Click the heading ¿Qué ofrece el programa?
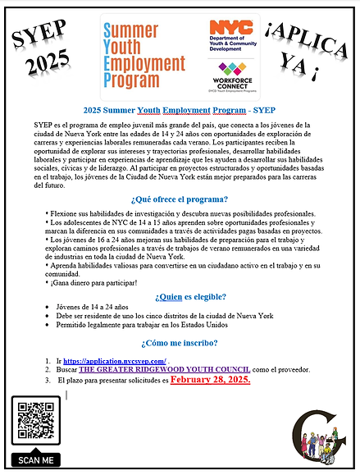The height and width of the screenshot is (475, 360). coord(179,199)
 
